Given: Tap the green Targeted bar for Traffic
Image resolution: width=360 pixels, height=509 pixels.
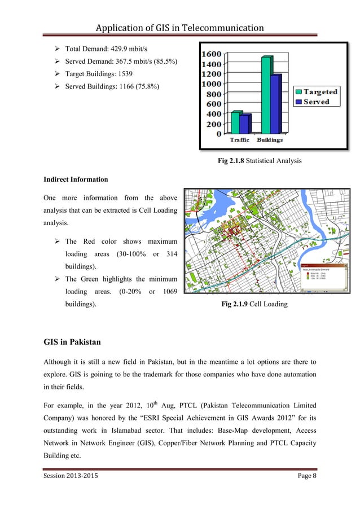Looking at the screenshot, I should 235,122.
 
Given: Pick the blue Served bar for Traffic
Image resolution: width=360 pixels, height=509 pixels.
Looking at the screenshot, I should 244,124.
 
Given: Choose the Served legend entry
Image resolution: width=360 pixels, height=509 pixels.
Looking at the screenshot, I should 316,102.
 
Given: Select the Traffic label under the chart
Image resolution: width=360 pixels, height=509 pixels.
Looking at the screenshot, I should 240,140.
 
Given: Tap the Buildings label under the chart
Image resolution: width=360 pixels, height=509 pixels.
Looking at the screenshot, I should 270,140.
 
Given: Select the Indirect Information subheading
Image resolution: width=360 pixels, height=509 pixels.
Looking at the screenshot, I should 76,179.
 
